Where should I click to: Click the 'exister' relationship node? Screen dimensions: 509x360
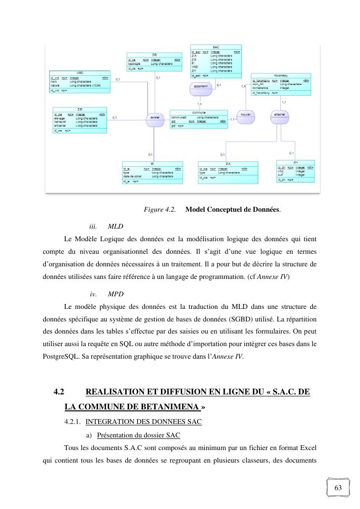[x=155, y=118]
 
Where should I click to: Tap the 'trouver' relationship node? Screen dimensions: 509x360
[x=245, y=115]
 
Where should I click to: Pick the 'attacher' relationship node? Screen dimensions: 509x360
[x=279, y=115]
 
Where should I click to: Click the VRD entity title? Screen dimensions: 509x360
[x=80, y=73]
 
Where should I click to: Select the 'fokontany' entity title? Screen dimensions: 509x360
[x=281, y=76]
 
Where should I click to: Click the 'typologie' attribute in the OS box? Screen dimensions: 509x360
[x=134, y=64]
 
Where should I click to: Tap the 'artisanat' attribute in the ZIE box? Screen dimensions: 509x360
[x=60, y=126]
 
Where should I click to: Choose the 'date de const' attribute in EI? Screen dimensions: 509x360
[x=132, y=176]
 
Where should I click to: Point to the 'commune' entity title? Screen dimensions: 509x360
[x=199, y=112]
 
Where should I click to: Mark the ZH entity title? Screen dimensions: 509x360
[x=295, y=162]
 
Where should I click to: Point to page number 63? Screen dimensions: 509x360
[x=338, y=488]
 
